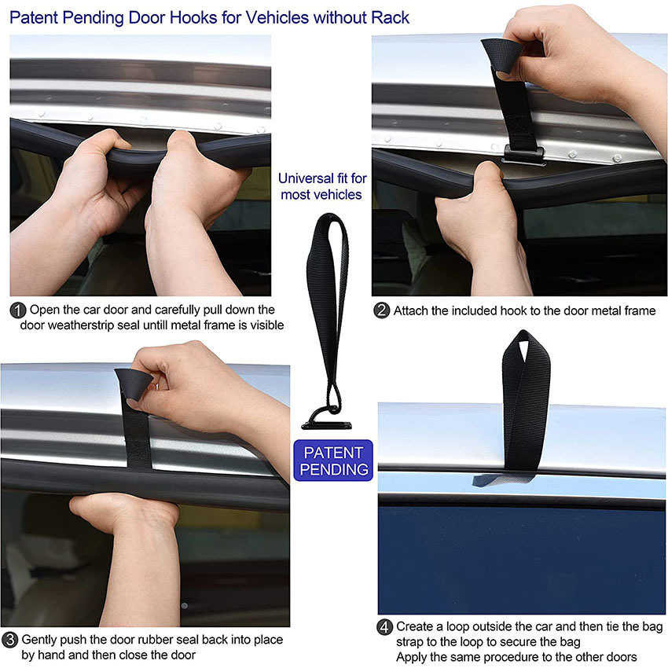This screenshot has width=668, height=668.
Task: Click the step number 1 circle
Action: point(17,310)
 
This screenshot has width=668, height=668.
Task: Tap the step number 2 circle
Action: point(382,310)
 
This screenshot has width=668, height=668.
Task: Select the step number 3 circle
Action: point(10,640)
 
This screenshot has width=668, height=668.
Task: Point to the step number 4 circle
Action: point(384,627)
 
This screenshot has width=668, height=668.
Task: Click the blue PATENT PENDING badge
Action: point(334,461)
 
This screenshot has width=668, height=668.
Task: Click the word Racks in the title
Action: point(391,17)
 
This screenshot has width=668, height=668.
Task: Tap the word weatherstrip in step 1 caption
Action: point(87,325)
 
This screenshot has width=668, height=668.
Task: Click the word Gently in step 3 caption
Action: point(40,640)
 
